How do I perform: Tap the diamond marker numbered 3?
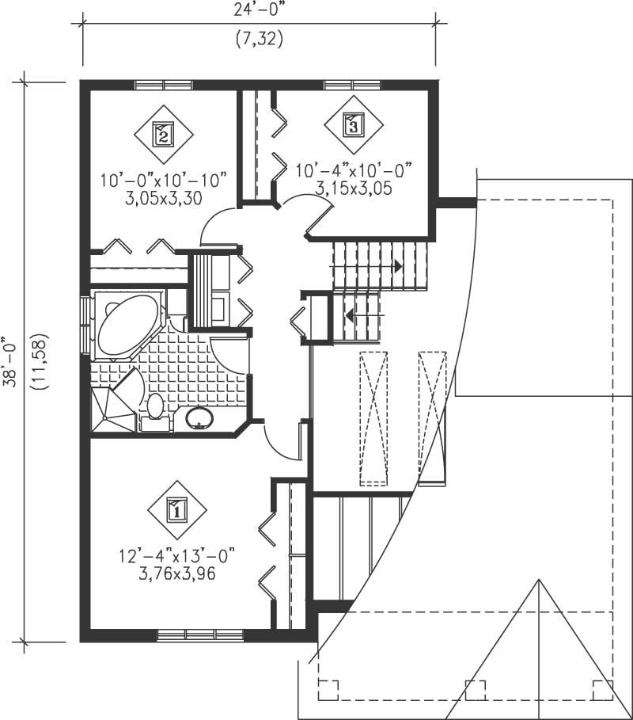click(x=353, y=124)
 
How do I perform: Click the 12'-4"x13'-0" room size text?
click(x=176, y=558)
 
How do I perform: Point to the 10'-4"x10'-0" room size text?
click(x=354, y=170)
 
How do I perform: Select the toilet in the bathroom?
click(x=155, y=407)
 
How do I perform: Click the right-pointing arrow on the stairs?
click(x=398, y=267)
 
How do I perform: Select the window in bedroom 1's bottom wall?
click(x=199, y=634)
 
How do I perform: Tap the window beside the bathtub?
click(x=85, y=326)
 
